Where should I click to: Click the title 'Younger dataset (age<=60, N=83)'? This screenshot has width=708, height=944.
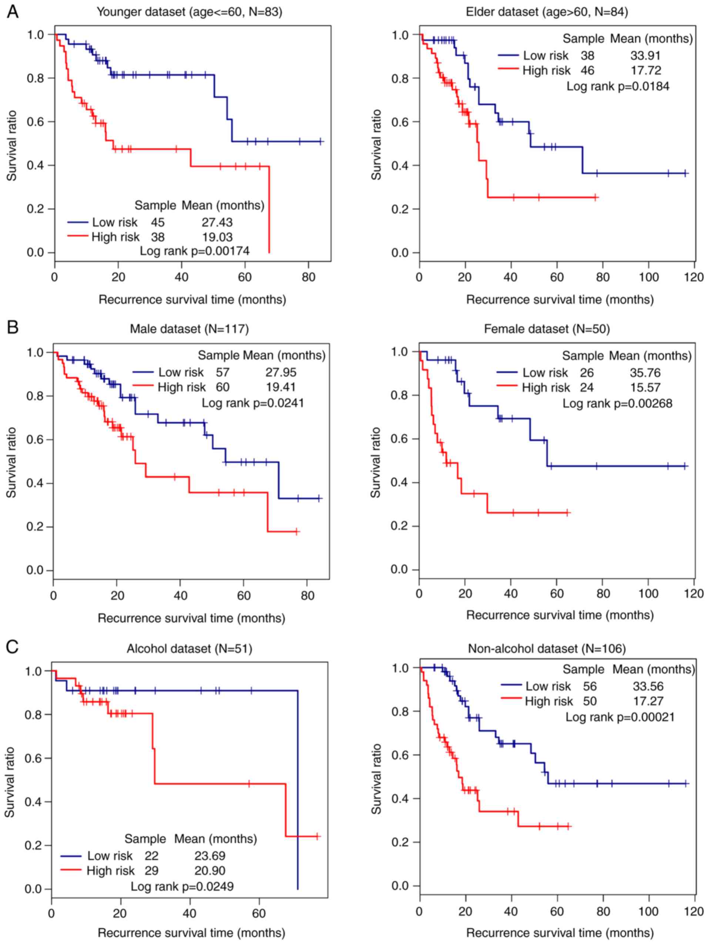pos(189,12)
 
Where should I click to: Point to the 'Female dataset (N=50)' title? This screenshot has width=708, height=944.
pos(547,329)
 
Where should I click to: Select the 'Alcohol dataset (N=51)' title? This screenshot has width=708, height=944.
pos(189,649)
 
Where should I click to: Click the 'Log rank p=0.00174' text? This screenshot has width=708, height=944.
pos(195,251)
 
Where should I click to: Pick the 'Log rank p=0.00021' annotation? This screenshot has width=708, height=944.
pos(620,716)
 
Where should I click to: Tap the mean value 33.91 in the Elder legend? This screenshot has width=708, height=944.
pos(645,56)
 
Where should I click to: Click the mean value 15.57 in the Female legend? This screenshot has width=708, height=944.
pos(645,387)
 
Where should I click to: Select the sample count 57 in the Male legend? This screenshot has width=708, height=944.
pos(222,372)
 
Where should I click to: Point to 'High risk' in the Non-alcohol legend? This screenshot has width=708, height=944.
pos(549,701)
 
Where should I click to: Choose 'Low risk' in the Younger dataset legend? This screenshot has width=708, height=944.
pos(115,222)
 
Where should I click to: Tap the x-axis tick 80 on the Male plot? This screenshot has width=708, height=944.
pos(308,595)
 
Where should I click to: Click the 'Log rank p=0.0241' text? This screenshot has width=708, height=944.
pos(253,403)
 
